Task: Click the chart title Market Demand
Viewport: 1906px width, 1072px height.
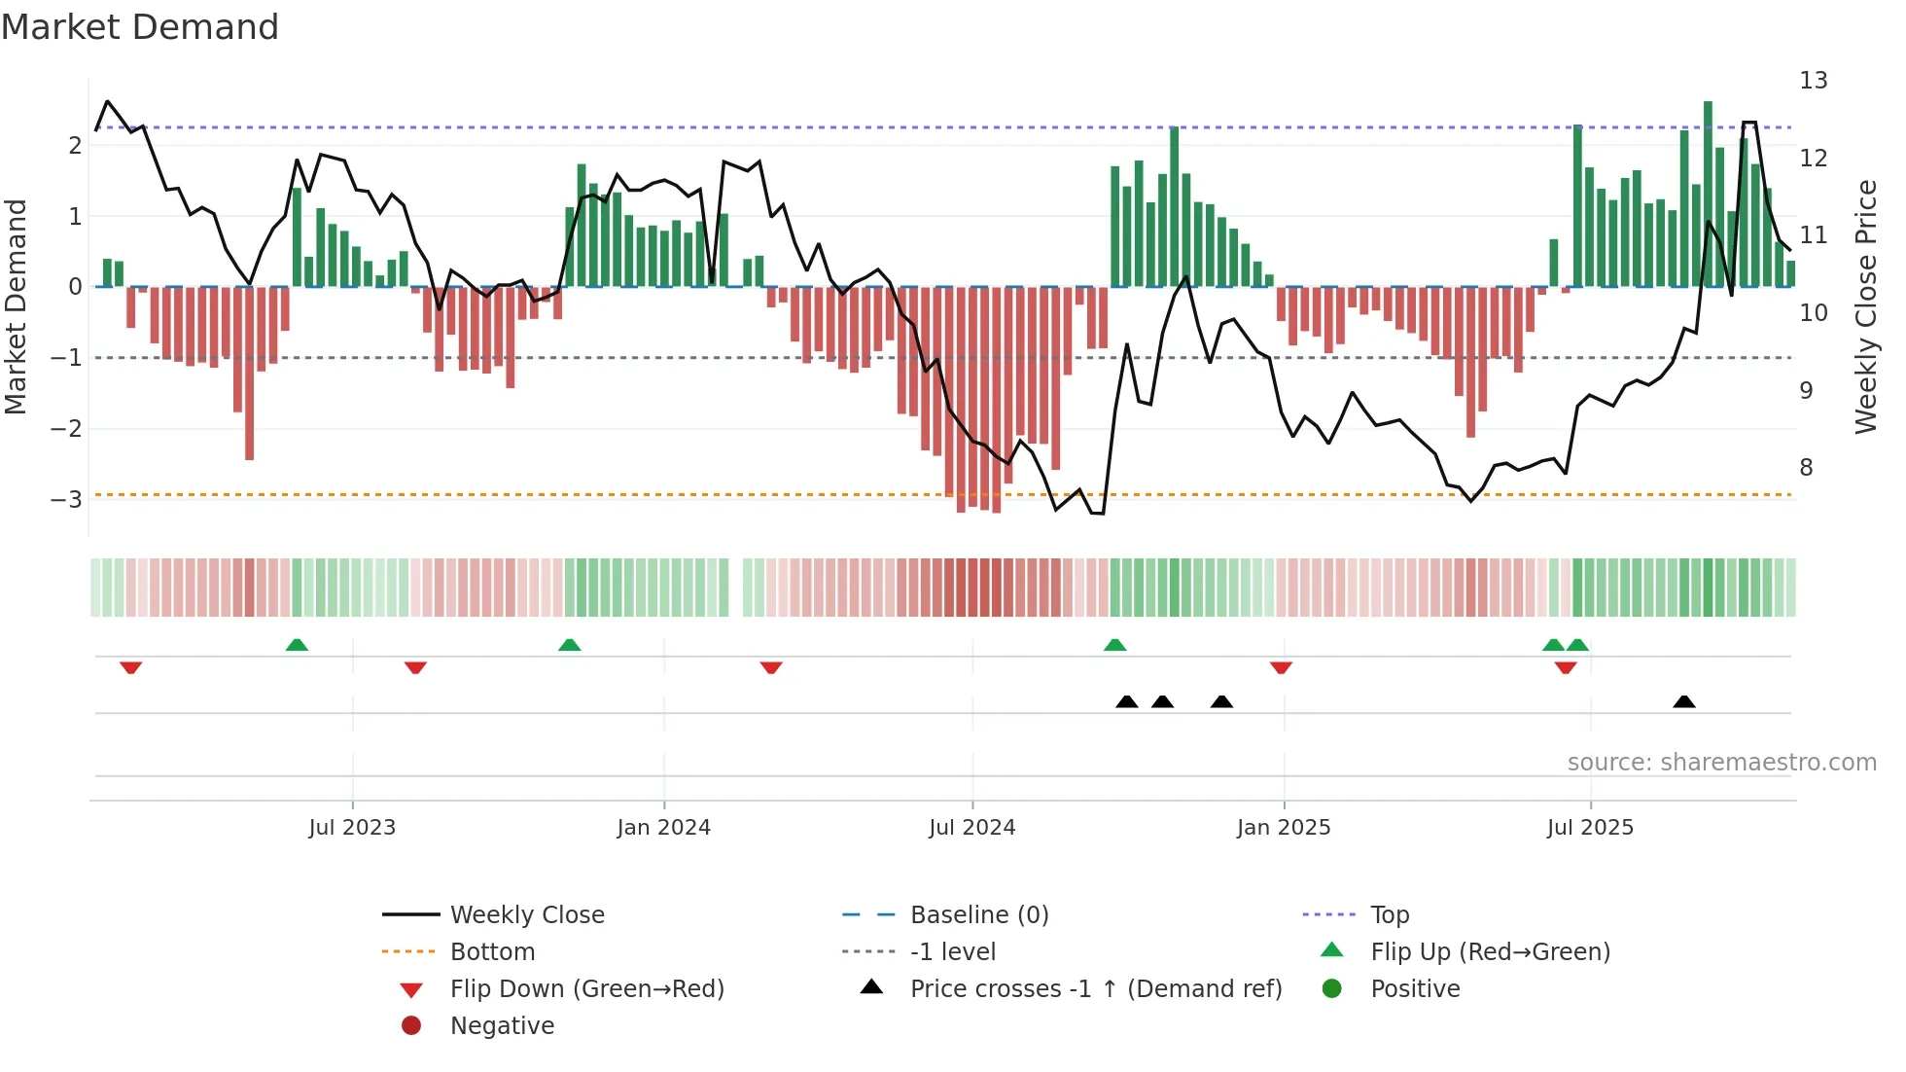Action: pyautogui.click(x=140, y=27)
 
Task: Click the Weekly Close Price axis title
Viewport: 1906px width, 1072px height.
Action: pyautogui.click(x=1865, y=306)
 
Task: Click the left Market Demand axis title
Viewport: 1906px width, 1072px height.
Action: pyautogui.click(x=17, y=306)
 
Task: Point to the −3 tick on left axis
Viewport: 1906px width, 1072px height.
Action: pyautogui.click(x=67, y=500)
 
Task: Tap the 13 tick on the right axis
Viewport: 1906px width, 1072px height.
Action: pyautogui.click(x=1813, y=81)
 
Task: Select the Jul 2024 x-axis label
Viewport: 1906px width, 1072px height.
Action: pyautogui.click(x=971, y=828)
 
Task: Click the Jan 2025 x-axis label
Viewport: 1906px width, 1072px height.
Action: pyautogui.click(x=1283, y=828)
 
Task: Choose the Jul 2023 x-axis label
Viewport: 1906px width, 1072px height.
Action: pyautogui.click(x=352, y=828)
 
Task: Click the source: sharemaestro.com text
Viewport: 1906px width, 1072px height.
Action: pyautogui.click(x=1721, y=763)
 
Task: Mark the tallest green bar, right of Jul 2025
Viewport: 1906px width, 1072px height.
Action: pyautogui.click(x=1708, y=195)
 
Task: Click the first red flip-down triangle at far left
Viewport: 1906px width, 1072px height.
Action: pyautogui.click(x=131, y=667)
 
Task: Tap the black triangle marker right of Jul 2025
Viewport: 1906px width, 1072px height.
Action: pyautogui.click(x=1684, y=701)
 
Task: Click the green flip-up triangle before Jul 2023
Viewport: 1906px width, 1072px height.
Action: pyautogui.click(x=297, y=645)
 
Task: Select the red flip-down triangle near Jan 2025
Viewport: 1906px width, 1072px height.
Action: pyautogui.click(x=1281, y=667)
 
